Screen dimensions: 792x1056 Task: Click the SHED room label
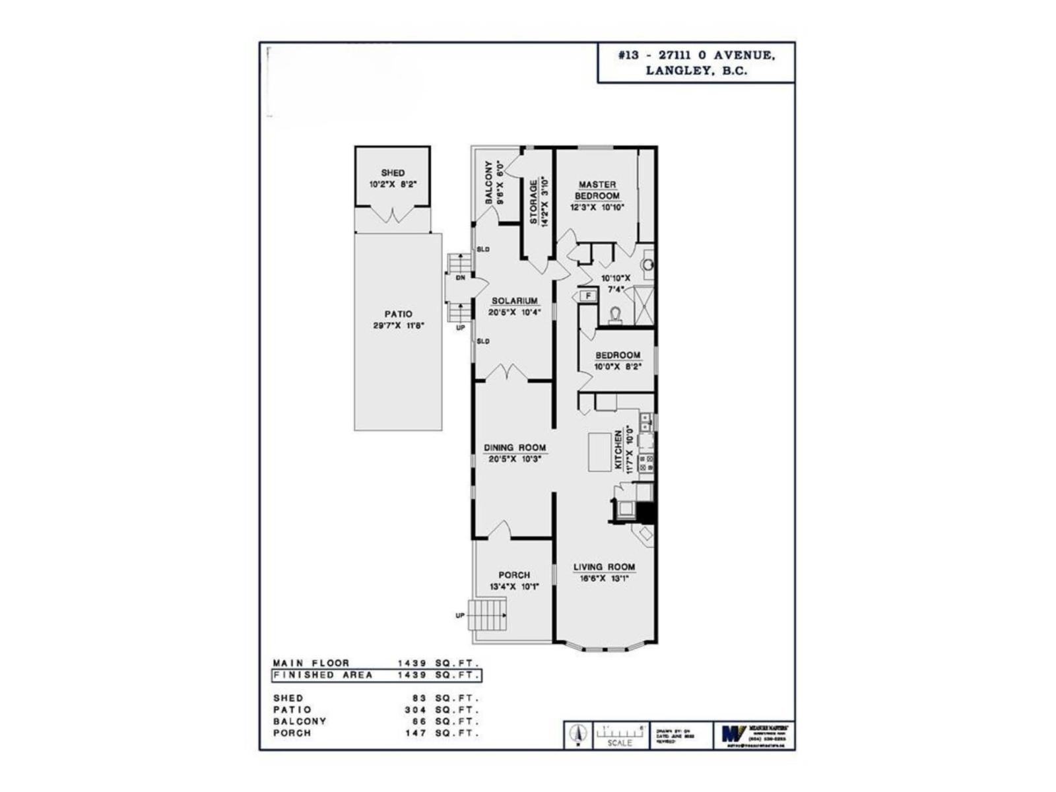[393, 173]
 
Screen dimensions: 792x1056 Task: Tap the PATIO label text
[398, 314]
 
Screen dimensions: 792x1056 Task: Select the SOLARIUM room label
[514, 301]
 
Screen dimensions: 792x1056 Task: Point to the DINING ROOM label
[515, 447]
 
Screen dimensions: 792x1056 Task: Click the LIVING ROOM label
[604, 567]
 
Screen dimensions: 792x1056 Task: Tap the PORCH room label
[514, 575]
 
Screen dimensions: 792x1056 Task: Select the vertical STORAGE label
[533, 201]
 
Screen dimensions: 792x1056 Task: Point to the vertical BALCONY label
[489, 182]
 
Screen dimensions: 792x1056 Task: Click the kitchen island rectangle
[600, 451]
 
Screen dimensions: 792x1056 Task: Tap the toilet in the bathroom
[616, 315]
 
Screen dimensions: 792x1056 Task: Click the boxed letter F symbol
[587, 296]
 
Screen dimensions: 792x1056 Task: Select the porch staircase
[487, 614]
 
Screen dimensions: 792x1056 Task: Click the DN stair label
[461, 278]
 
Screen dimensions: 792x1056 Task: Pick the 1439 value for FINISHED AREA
[412, 675]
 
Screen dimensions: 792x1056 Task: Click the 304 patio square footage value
[413, 709]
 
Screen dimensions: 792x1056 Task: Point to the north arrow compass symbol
[579, 734]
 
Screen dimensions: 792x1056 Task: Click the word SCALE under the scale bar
[620, 743]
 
